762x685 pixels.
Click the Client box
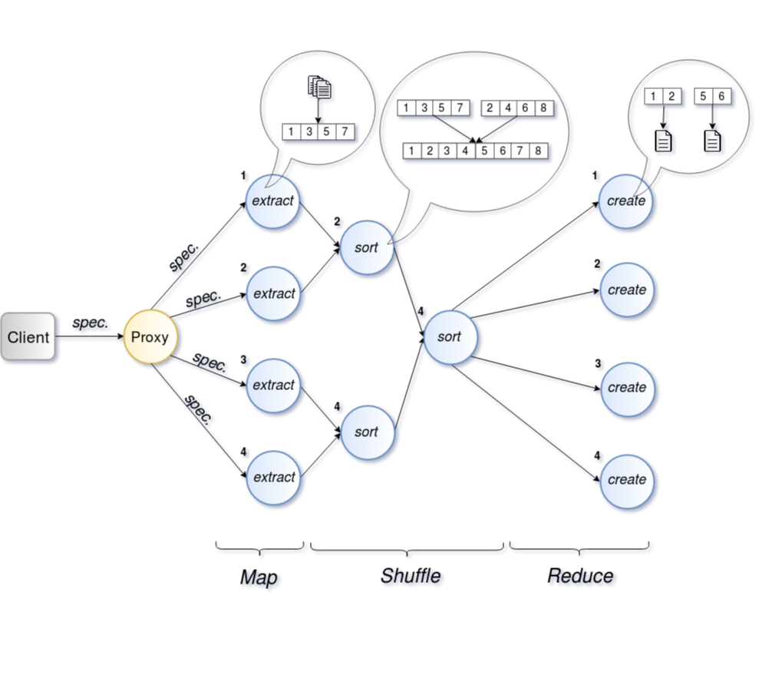pos(28,337)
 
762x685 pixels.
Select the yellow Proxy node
pos(150,337)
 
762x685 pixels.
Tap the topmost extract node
pos(273,201)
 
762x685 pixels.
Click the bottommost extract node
pos(273,478)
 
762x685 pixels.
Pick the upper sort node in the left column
pos(367,248)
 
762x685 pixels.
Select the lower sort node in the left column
pos(367,432)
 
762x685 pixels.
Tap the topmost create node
pos(626,201)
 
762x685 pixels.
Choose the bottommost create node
pos(626,480)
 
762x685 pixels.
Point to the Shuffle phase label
pos(412,577)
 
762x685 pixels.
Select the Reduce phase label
pos(582,577)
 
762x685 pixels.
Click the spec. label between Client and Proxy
pos(91,324)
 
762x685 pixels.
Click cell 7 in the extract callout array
pos(345,132)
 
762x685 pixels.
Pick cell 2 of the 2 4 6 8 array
pos(490,108)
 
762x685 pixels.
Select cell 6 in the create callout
pos(721,97)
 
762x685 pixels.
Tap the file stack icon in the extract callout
pos(321,89)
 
